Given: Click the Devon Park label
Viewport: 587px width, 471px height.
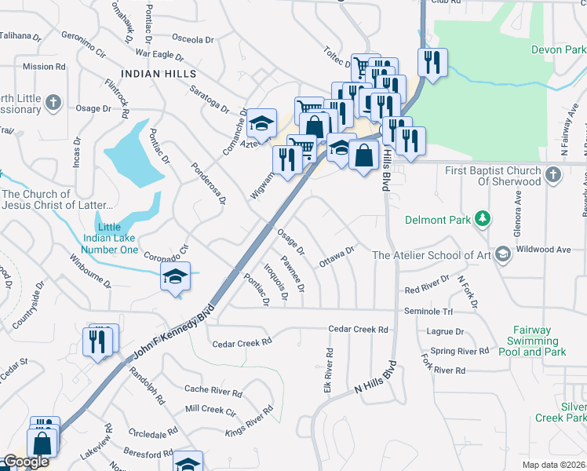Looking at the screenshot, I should [x=558, y=49].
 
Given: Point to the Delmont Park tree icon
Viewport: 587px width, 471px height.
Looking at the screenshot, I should [x=484, y=219].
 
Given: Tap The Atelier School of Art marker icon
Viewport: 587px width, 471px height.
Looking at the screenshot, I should [x=502, y=254].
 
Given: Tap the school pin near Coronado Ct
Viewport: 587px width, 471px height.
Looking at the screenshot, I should [x=175, y=276].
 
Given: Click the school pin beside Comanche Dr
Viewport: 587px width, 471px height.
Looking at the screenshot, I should [x=261, y=123].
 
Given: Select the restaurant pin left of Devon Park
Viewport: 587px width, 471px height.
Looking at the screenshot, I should [x=432, y=62].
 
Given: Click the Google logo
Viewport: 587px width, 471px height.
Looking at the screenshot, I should [x=26, y=462].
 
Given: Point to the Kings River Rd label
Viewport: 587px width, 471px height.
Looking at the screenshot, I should [x=250, y=421].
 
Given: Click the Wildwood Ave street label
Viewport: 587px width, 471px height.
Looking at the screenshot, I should [x=547, y=250].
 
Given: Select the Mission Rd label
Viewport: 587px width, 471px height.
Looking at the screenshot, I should [x=38, y=67].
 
